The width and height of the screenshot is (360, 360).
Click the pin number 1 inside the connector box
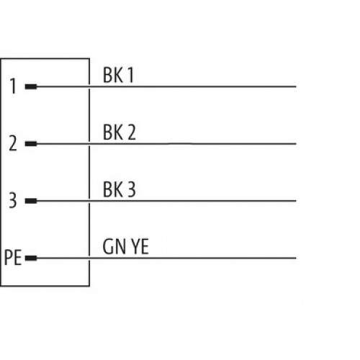click(13, 86)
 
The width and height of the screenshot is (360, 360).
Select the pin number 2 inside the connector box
click(13, 143)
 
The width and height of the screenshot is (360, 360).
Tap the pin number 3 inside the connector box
click(13, 200)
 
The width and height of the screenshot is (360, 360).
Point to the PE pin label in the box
click(13, 258)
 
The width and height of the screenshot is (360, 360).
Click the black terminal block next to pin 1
click(31, 86)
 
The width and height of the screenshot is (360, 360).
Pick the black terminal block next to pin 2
click(31, 144)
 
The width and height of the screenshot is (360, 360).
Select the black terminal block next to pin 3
click(31, 201)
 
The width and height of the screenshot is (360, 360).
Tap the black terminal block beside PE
click(31, 258)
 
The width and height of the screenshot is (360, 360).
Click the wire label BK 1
click(118, 75)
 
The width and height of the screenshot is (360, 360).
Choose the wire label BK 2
click(120, 132)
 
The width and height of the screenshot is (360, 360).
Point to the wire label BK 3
click(120, 189)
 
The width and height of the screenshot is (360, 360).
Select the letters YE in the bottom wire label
click(140, 246)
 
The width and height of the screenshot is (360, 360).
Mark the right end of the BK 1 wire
click(296, 86)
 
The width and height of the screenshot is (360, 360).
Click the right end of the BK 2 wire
click(296, 144)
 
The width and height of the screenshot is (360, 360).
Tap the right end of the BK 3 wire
click(296, 201)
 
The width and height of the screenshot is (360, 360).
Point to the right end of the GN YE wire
click(296, 258)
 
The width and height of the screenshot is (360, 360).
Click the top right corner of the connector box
click(89, 58)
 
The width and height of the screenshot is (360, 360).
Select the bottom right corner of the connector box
click(89, 286)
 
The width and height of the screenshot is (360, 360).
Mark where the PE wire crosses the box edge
click(89, 258)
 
